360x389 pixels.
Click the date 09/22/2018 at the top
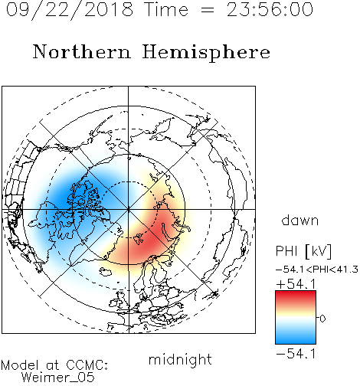pos(70,9)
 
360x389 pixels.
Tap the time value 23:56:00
pos(270,9)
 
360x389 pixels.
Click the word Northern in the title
pos(82,51)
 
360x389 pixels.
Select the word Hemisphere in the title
pos(206,52)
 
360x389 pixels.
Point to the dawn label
pos(300,220)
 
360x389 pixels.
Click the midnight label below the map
pos(180,359)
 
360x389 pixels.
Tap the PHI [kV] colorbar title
pos(303,251)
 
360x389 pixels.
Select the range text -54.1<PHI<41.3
pos(317,270)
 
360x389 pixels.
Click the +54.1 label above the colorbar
pos(296,284)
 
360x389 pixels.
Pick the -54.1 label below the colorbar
pos(296,354)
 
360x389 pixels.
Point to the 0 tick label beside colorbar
pos(322,319)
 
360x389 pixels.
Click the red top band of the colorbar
pos(296,296)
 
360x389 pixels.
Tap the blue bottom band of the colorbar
pos(296,338)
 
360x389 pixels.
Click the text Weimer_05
pos(58,378)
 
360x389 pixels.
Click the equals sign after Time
pos(208,11)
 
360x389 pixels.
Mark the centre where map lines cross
pos(129,209)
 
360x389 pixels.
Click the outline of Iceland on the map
pos(107,271)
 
